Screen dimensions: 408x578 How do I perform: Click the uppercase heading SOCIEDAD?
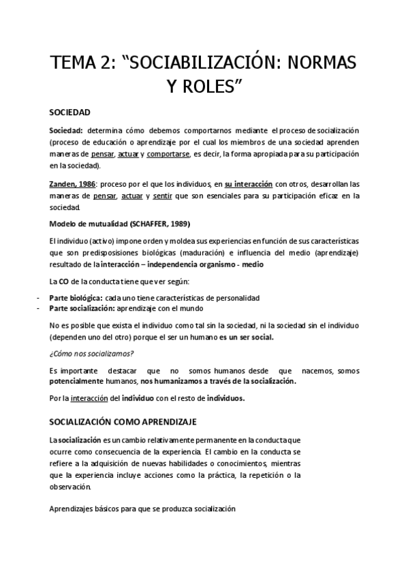coord(70,112)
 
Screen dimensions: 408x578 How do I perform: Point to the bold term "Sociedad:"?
coord(67,130)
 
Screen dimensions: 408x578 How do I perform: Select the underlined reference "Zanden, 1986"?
coord(72,184)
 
